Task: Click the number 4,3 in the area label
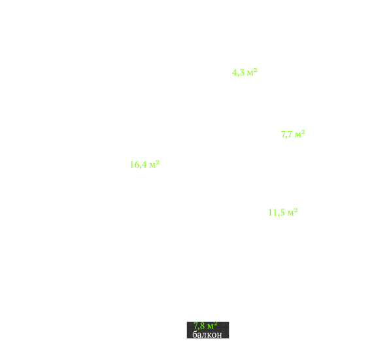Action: click(238, 73)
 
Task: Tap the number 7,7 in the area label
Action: click(286, 134)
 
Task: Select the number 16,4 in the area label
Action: click(138, 165)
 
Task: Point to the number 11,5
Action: click(276, 212)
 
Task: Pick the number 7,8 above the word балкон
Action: click(199, 326)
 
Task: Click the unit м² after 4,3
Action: click(252, 72)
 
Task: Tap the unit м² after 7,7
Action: click(300, 134)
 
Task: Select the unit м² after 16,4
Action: click(154, 164)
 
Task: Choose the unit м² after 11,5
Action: click(292, 212)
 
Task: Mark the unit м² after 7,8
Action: click(213, 325)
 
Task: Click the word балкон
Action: click(207, 334)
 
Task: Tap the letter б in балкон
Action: click(195, 334)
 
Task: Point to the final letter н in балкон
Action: click(220, 335)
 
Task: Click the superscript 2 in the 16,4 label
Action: click(158, 162)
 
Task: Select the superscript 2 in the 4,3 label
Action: click(256, 70)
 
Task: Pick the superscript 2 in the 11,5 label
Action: click(296, 210)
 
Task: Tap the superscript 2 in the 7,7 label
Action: click(303, 132)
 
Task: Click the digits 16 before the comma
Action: click(135, 164)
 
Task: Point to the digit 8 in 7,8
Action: click(203, 326)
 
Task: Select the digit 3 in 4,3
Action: click(242, 72)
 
